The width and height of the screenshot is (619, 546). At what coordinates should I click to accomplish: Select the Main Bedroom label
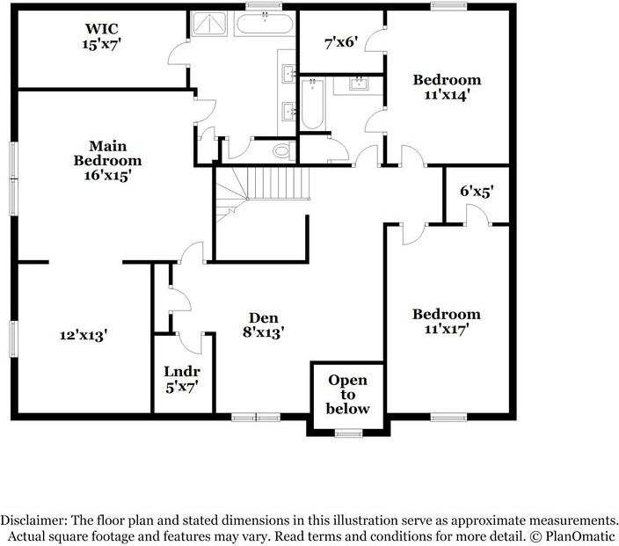[107, 153]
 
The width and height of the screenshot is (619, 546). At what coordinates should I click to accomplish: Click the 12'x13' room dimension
[84, 334]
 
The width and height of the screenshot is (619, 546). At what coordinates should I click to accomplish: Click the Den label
[263, 317]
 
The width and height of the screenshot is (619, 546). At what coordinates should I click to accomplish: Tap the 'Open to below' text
[347, 394]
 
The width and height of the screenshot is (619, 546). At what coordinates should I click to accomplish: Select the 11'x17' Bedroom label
[447, 321]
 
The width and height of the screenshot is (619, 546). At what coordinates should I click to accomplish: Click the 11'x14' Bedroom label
[448, 87]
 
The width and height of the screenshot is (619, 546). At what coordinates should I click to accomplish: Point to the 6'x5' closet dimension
[477, 190]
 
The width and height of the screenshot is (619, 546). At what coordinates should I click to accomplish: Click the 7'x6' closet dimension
[340, 40]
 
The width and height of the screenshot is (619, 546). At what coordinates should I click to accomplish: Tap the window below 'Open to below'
[348, 433]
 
